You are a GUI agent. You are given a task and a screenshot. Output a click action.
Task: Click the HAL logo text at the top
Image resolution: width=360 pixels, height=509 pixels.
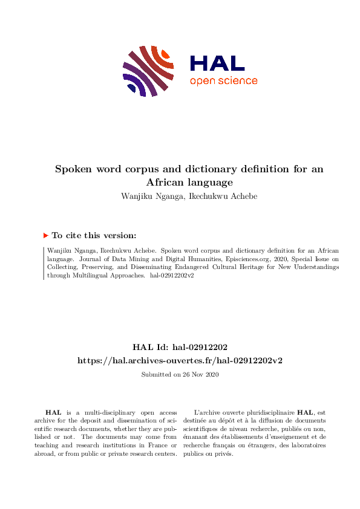pos(217,63)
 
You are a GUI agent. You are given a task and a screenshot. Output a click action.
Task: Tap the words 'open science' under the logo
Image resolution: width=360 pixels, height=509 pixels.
pos(223,81)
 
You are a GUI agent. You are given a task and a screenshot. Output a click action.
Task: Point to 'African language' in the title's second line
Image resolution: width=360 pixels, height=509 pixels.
pos(189,181)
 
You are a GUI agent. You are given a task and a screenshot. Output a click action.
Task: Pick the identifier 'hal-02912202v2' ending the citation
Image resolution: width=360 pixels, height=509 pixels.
pos(172,275)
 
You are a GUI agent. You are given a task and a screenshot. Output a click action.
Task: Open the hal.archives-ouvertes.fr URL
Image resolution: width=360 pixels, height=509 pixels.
pos(180,360)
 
